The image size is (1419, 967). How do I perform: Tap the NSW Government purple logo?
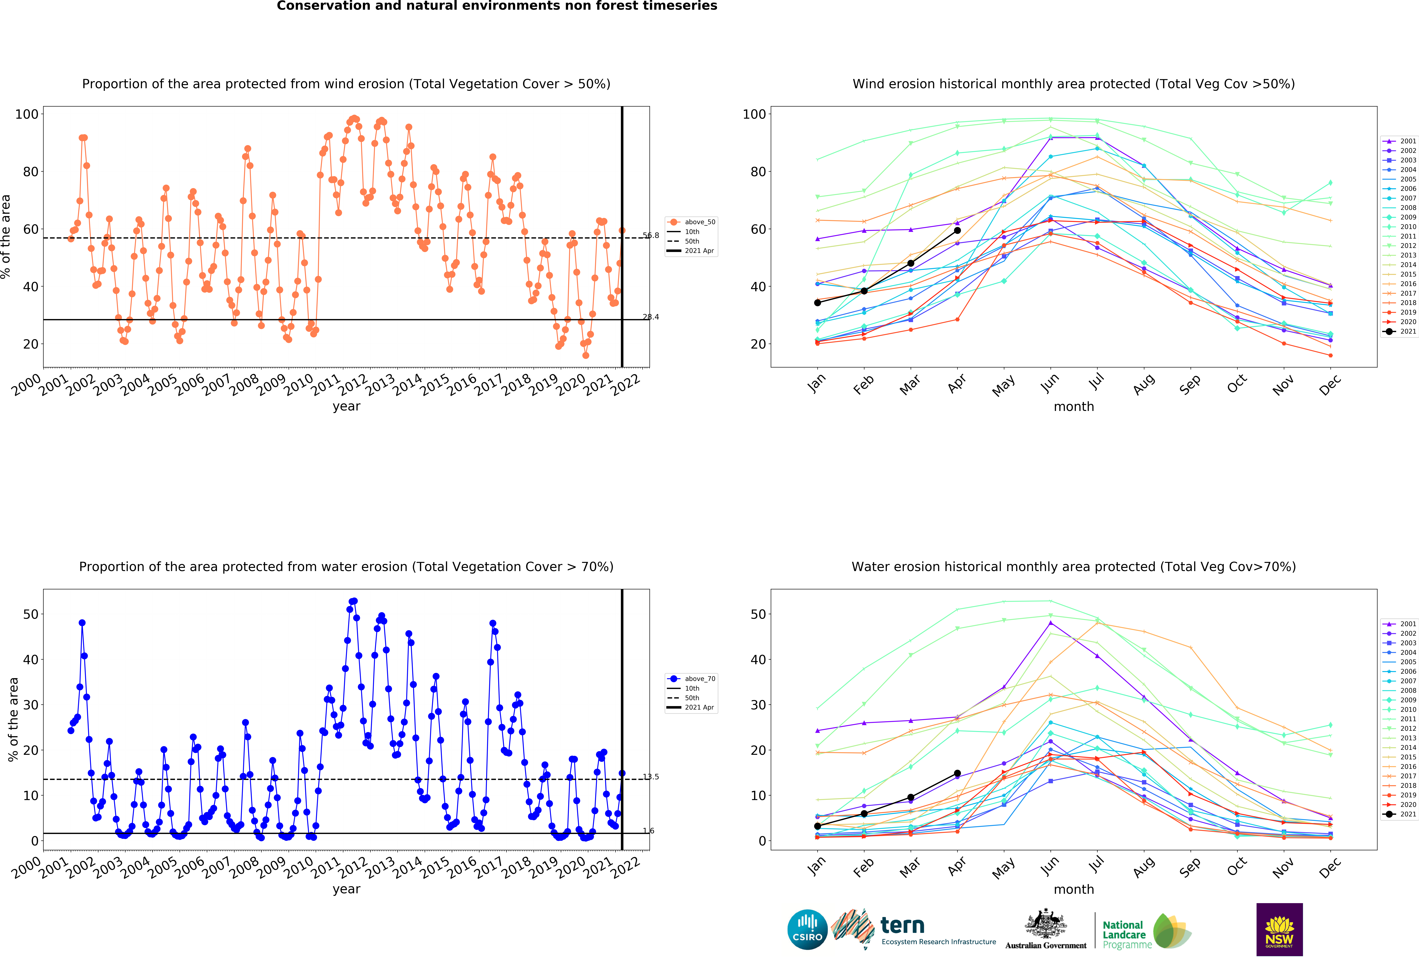(1279, 929)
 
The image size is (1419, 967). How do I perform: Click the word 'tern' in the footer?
(902, 926)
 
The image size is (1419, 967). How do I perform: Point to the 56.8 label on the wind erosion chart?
(651, 235)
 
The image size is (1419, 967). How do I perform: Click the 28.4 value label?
(651, 317)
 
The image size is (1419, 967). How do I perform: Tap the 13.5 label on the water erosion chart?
(651, 777)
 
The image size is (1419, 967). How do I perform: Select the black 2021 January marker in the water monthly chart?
(818, 826)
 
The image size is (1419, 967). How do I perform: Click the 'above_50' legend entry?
(691, 222)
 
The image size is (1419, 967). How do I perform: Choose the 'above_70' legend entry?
(691, 679)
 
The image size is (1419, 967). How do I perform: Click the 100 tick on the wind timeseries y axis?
(27, 114)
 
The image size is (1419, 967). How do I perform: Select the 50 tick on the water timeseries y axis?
(31, 614)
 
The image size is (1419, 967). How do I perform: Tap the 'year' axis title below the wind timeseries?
(346, 407)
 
